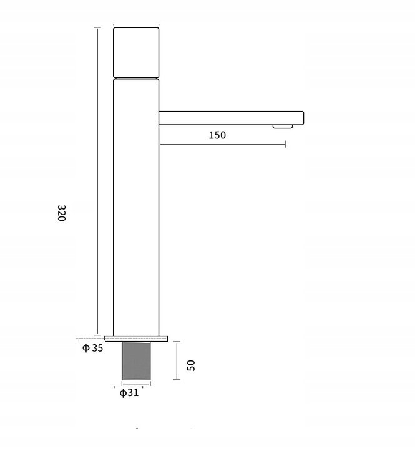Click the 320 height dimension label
coord(61,213)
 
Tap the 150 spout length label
coord(217,135)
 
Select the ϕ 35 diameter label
coord(92,348)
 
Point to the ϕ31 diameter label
coord(129,393)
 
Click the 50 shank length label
coord(191,365)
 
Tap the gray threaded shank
coord(136,361)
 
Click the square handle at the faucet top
coord(136,52)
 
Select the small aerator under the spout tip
coord(283,127)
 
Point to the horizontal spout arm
coord(232,118)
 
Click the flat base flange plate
coord(136,339)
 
